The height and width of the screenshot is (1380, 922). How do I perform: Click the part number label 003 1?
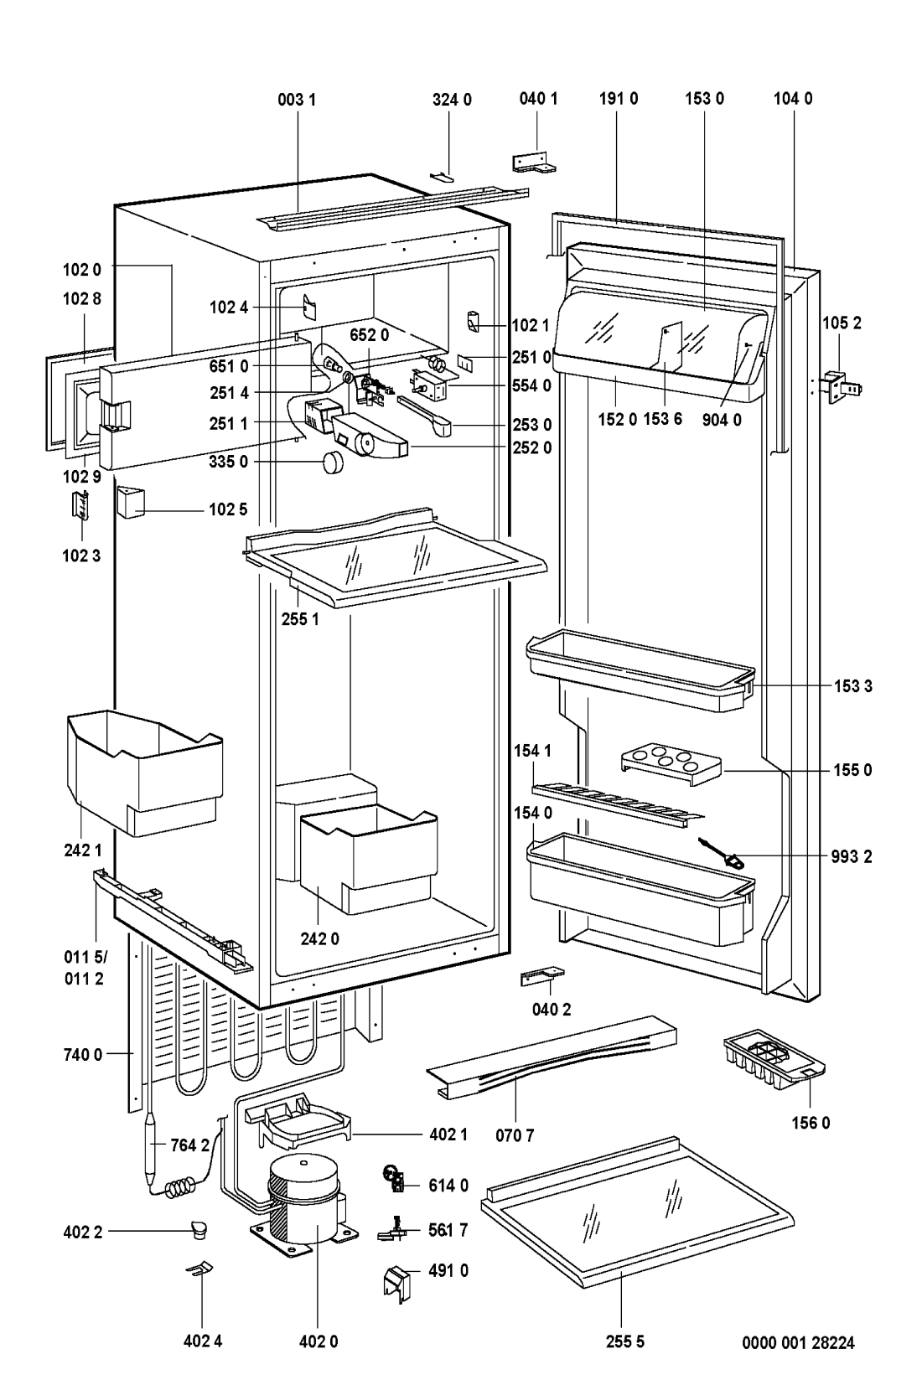(298, 99)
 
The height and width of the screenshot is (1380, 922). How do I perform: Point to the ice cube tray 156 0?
(774, 1062)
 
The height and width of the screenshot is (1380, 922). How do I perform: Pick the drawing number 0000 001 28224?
(798, 1342)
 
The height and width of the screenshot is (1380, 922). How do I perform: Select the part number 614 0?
(448, 1185)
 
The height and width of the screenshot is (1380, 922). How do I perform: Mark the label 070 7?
(514, 1135)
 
